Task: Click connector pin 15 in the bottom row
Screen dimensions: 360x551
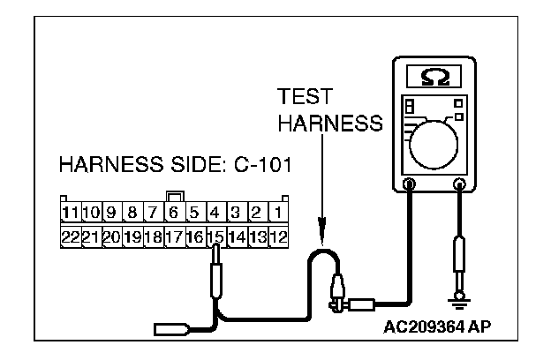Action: (x=215, y=236)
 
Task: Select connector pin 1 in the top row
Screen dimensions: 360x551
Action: (x=277, y=213)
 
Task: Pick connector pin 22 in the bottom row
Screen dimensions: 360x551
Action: (x=70, y=236)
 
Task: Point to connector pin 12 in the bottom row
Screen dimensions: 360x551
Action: (x=277, y=236)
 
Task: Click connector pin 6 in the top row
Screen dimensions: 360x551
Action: (x=174, y=213)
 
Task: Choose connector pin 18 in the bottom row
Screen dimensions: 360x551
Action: (x=153, y=236)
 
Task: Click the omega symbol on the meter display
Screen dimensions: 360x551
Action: (x=434, y=77)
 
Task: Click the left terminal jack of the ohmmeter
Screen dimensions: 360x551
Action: (x=410, y=184)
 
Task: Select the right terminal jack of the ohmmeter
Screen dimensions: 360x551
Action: (x=459, y=184)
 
